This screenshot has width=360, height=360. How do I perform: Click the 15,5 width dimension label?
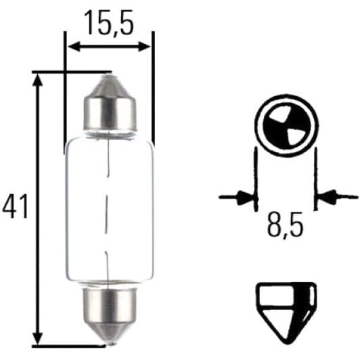(x=109, y=23)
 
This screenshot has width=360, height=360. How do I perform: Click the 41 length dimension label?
(x=15, y=206)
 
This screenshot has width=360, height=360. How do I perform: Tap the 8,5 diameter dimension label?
(x=285, y=224)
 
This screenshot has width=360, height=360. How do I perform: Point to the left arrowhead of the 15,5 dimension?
(x=74, y=47)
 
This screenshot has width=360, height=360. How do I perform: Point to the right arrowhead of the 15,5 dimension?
(x=145, y=47)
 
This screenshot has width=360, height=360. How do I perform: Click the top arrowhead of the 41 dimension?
(x=38, y=81)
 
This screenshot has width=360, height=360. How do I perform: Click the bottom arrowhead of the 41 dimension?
(x=38, y=338)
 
